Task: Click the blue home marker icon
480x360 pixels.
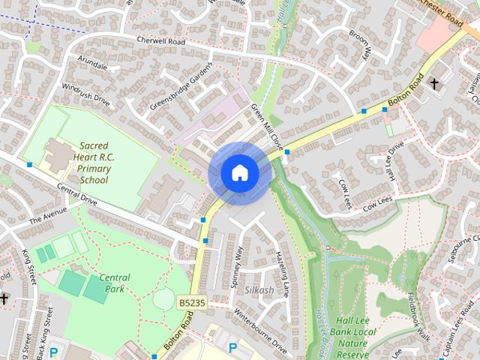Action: point(239,173)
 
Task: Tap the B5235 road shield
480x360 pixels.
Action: point(190,302)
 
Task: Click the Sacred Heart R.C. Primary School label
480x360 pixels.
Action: point(94,163)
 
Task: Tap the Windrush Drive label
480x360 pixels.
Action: point(85,94)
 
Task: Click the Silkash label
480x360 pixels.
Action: point(259,289)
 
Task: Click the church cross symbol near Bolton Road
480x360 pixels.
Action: point(434,85)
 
